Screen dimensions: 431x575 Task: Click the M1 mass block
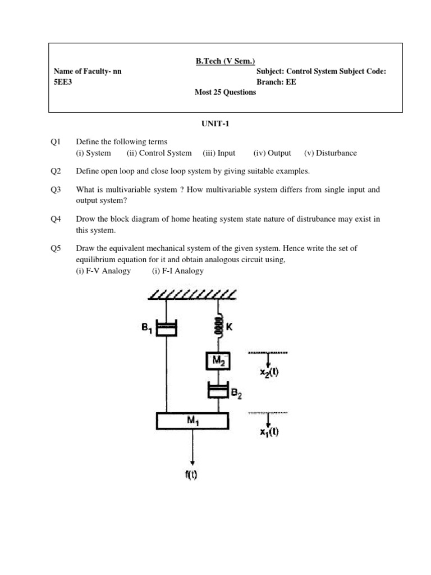tap(192, 420)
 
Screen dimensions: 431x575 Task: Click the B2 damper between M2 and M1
tap(218, 390)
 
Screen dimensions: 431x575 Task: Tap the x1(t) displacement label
tap(269, 432)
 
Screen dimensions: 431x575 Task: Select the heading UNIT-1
tap(215, 125)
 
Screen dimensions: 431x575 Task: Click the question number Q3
tap(55, 190)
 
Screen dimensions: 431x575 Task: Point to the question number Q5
tap(55, 248)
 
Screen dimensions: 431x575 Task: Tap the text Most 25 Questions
tap(225, 93)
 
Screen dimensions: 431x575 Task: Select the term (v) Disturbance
tap(330, 153)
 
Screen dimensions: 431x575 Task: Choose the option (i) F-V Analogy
tap(103, 271)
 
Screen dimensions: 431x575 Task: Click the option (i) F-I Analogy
tap(177, 271)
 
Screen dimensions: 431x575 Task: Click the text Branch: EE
tap(276, 82)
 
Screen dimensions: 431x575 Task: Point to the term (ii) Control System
tap(159, 153)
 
